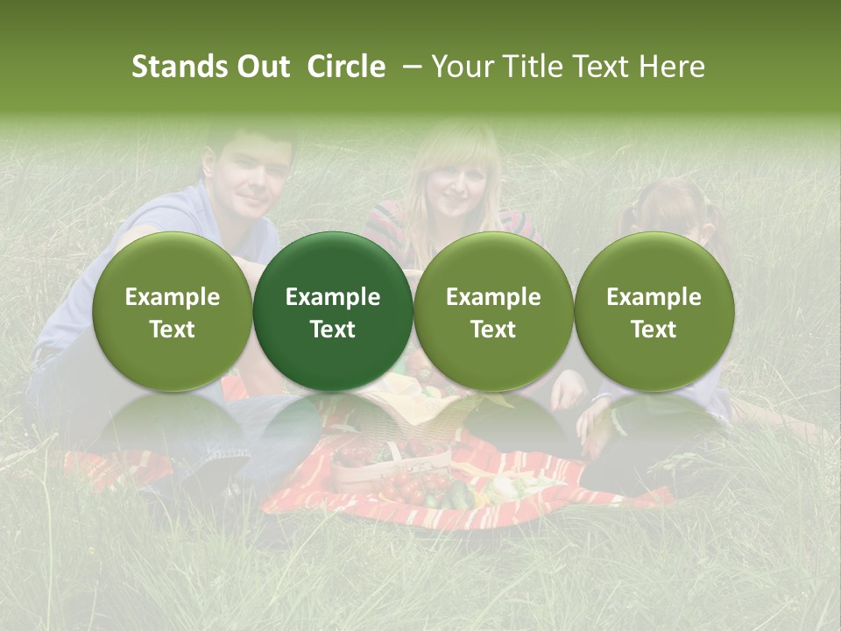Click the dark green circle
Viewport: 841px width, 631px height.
pyautogui.click(x=333, y=312)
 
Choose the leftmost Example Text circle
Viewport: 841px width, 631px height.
pyautogui.click(x=173, y=312)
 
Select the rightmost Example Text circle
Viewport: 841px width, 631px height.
pyautogui.click(x=654, y=312)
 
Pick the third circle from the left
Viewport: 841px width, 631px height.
pyautogui.click(x=493, y=312)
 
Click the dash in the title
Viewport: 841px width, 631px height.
pyautogui.click(x=410, y=67)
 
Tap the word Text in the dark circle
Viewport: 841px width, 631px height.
pyautogui.click(x=333, y=330)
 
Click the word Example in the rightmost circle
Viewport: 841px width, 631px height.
pyautogui.click(x=654, y=297)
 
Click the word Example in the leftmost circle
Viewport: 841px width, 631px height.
pyautogui.click(x=173, y=297)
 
